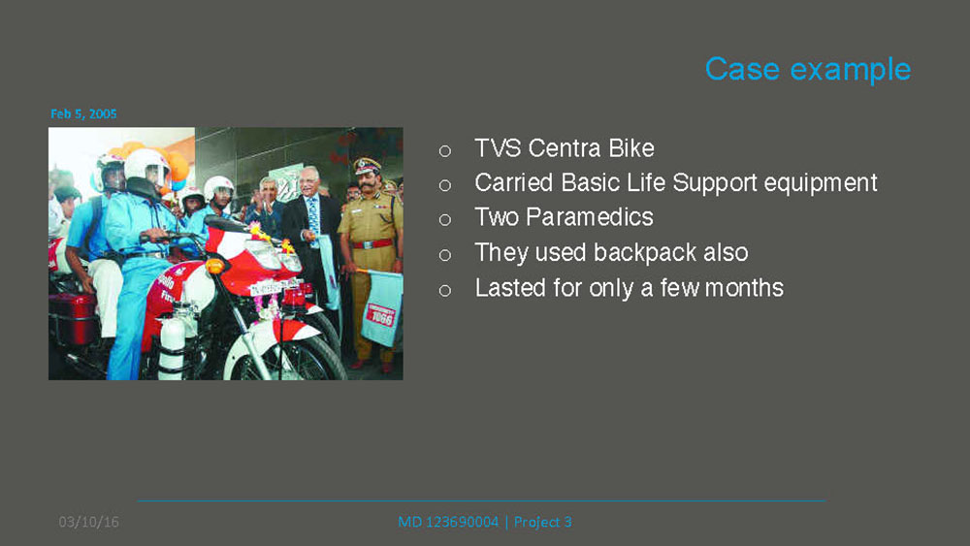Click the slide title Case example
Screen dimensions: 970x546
coord(808,69)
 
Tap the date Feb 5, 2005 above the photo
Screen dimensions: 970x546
coord(83,113)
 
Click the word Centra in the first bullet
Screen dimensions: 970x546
coord(565,148)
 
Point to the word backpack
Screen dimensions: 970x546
coord(645,252)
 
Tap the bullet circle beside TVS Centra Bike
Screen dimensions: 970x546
coord(445,151)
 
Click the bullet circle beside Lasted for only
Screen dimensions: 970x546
coord(445,290)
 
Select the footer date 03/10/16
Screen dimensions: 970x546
coord(88,522)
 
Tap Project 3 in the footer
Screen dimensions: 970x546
coord(542,522)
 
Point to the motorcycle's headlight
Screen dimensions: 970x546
coord(266,252)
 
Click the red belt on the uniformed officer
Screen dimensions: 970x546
coord(372,243)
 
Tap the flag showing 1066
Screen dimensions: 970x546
coord(381,308)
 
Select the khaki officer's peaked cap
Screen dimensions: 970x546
coord(368,166)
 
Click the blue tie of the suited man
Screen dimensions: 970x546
coord(313,217)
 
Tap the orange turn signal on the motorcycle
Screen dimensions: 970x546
coord(214,266)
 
